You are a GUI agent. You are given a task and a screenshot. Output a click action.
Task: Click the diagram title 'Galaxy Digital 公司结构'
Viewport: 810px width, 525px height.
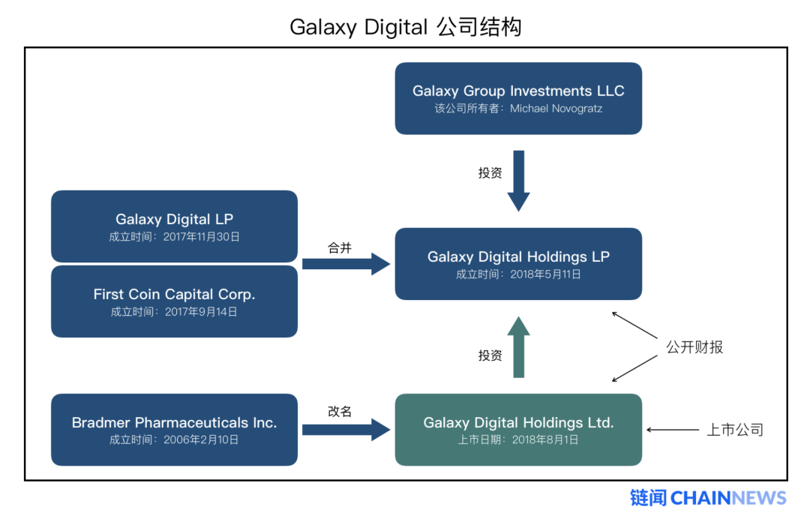[405, 27]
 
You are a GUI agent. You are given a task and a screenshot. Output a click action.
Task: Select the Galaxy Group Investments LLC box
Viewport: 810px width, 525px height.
[518, 98]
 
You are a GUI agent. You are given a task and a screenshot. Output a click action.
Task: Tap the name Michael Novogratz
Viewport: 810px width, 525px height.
[556, 109]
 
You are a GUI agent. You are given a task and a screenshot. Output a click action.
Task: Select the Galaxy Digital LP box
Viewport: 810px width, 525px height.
[174, 226]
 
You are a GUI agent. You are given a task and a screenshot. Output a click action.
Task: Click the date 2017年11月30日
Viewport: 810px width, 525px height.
[201, 236]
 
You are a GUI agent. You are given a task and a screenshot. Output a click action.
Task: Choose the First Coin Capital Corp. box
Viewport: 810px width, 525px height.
[174, 301]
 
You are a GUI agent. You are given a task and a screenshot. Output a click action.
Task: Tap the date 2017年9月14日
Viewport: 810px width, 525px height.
[200, 312]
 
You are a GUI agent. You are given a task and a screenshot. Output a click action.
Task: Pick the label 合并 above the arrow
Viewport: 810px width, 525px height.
[339, 247]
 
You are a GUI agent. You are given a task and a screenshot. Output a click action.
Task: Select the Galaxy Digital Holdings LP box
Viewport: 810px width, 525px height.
[518, 263]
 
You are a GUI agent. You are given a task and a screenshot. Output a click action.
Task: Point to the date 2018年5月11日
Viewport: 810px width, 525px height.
[544, 274]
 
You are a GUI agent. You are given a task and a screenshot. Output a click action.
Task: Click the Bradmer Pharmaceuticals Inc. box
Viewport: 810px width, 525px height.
[174, 429]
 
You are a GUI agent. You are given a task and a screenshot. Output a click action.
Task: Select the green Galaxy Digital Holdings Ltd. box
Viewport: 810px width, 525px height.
[518, 429]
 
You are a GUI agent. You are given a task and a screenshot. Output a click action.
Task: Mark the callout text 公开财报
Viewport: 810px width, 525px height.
[694, 347]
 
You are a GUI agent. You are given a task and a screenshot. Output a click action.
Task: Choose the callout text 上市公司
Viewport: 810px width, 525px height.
[734, 430]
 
